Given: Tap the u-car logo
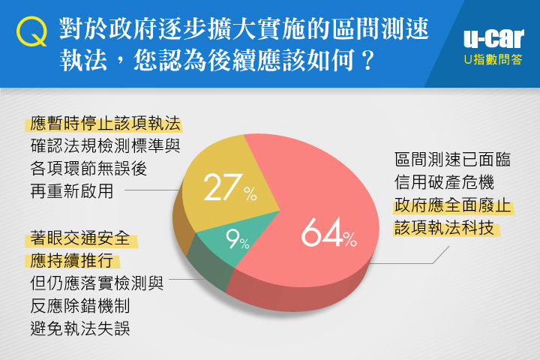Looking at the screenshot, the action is click(x=493, y=38).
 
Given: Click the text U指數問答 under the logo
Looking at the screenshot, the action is click(x=493, y=59).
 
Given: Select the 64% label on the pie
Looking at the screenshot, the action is click(x=329, y=232).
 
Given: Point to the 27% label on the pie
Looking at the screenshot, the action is click(x=230, y=187).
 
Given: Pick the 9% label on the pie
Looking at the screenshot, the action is click(x=237, y=239).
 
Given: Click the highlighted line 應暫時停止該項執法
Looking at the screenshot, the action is click(x=106, y=123).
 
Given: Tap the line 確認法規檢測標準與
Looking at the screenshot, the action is click(x=106, y=145).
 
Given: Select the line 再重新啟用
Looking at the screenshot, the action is click(x=72, y=190).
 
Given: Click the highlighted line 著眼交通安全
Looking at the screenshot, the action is click(x=80, y=238).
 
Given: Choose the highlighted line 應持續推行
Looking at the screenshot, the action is click(x=72, y=260).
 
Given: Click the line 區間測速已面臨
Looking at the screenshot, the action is click(x=452, y=160).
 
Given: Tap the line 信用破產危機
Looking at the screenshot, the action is click(x=444, y=182).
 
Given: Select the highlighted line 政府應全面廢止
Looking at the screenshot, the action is click(x=452, y=205).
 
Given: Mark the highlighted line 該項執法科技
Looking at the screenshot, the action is click(x=444, y=228).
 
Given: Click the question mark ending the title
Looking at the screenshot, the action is click(x=368, y=60).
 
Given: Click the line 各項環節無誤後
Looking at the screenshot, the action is click(x=88, y=169).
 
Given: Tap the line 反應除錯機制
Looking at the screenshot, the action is click(x=80, y=305).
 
